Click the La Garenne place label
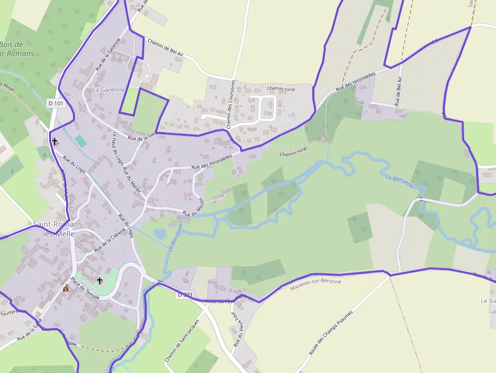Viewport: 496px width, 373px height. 108,90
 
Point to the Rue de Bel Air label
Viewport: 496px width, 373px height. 398,91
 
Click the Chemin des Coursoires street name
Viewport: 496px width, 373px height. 231,104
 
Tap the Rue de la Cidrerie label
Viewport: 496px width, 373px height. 109,239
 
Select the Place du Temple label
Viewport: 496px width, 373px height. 85,288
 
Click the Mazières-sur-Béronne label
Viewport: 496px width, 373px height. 315,284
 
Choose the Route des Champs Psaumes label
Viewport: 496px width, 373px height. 330,334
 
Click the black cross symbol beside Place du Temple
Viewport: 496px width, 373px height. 100,280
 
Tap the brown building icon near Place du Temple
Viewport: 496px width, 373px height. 66,288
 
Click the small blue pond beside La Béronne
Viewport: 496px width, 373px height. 160,234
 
